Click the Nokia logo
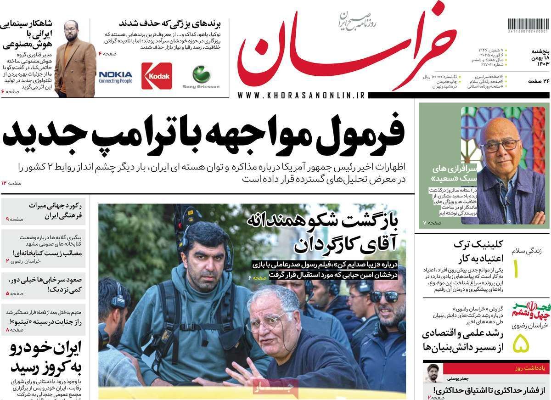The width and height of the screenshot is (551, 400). click(x=115, y=77)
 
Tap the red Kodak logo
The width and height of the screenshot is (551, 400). click(x=157, y=76)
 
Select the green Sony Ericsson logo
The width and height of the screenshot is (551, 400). click(x=201, y=76)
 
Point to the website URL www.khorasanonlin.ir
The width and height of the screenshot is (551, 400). click(x=301, y=95)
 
